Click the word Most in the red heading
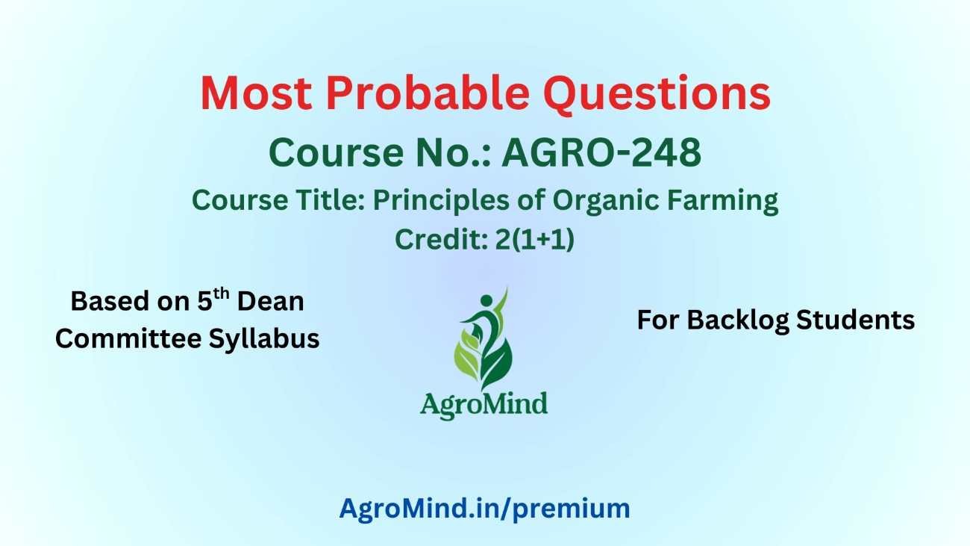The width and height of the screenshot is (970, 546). (x=256, y=94)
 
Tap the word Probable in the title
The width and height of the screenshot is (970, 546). (x=428, y=93)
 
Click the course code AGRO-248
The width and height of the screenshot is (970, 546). (x=601, y=152)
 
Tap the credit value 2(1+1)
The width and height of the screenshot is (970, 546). (x=535, y=239)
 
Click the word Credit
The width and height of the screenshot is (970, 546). (x=442, y=239)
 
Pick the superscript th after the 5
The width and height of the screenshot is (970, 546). (x=221, y=294)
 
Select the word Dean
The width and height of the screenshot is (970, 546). (x=271, y=301)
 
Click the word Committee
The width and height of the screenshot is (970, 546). (x=128, y=338)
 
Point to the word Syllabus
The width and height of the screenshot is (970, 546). (x=264, y=339)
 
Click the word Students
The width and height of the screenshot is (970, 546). (x=855, y=320)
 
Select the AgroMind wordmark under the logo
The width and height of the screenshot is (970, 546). (x=484, y=405)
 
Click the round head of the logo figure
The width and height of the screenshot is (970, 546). (x=486, y=300)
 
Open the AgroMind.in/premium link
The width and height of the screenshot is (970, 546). (x=484, y=509)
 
